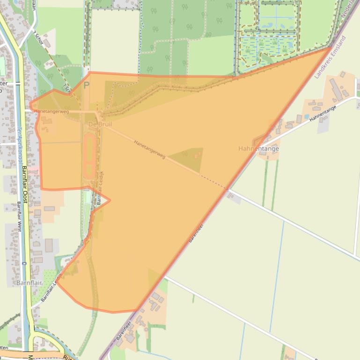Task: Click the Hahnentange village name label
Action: tap(258, 149)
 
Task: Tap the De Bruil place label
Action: tap(100, 124)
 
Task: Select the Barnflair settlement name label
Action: tap(29, 283)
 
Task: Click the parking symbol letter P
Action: tap(86, 86)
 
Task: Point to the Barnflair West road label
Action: tap(20, 215)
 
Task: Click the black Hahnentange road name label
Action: tap(323, 113)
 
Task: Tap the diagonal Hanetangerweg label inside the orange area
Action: tap(149, 149)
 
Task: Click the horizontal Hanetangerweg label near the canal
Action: tap(51, 111)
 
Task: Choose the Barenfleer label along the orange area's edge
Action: tap(197, 233)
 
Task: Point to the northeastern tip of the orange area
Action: tap(331, 47)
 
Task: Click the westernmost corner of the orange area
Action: tap(30, 105)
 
